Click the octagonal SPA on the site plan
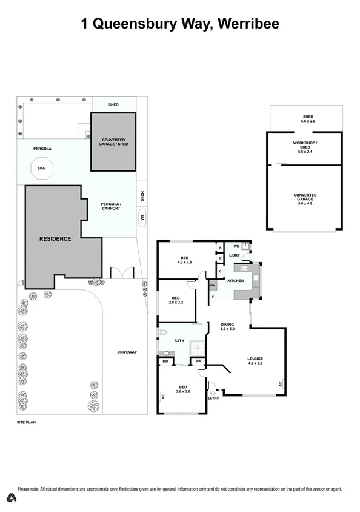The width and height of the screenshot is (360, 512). tap(41, 169)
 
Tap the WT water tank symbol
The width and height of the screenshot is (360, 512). tap(142, 217)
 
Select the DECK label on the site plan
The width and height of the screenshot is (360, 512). tap(142, 196)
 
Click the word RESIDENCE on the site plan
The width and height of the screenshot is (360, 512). tap(55, 239)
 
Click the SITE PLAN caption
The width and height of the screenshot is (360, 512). tap(27, 420)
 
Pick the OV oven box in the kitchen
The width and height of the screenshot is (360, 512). tap(213, 285)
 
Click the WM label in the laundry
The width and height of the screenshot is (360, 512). tap(235, 247)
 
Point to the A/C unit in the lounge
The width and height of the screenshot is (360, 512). tap(281, 383)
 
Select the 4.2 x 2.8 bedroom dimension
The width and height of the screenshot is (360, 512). tap(184, 262)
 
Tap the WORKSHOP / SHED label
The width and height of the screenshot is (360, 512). tap(305, 145)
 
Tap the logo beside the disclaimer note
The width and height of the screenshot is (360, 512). tap(10, 498)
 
